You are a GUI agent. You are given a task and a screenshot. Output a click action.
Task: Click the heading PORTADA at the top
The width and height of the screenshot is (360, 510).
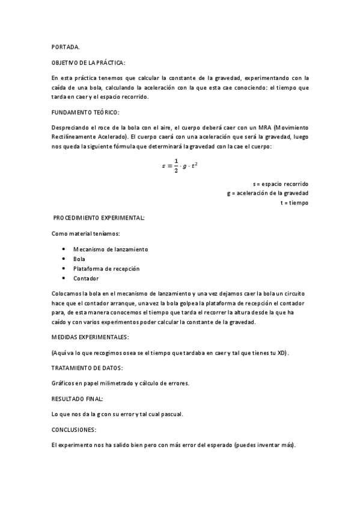pyautogui.click(x=65, y=47)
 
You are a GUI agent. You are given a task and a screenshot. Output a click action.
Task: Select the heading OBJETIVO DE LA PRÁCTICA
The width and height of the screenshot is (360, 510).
pyautogui.click(x=89, y=63)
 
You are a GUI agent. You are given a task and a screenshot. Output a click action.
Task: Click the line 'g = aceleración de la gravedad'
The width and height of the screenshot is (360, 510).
pyautogui.click(x=267, y=193)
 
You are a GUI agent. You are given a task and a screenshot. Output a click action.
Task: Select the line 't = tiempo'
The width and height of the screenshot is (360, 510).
pyautogui.click(x=294, y=203)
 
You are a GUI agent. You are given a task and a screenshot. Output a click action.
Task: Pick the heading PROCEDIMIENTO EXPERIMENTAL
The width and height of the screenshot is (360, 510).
pyautogui.click(x=99, y=217)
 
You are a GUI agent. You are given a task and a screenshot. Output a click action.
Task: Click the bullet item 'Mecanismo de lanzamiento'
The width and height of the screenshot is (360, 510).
pyautogui.click(x=111, y=249)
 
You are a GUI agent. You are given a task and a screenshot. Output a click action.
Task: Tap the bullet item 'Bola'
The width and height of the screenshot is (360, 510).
pyautogui.click(x=79, y=259)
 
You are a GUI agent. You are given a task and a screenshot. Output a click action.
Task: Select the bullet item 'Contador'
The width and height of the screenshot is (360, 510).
pyautogui.click(x=86, y=278)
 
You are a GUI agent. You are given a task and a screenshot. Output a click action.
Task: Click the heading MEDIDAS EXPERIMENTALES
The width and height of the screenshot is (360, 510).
pyautogui.click(x=90, y=337)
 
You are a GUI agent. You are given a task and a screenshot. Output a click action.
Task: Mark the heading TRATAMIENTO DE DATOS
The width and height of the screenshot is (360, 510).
pyautogui.click(x=88, y=367)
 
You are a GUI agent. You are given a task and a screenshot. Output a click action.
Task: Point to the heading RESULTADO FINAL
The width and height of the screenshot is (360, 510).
pyautogui.click(x=78, y=399)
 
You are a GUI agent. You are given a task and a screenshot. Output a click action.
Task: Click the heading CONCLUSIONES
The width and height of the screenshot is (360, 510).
pyautogui.click(x=74, y=430)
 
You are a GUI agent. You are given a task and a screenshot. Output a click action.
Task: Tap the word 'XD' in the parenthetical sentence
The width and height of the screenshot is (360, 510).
pyautogui.click(x=281, y=352)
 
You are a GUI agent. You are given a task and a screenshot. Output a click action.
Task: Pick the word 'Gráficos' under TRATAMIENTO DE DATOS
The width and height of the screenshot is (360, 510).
pyautogui.click(x=64, y=383)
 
